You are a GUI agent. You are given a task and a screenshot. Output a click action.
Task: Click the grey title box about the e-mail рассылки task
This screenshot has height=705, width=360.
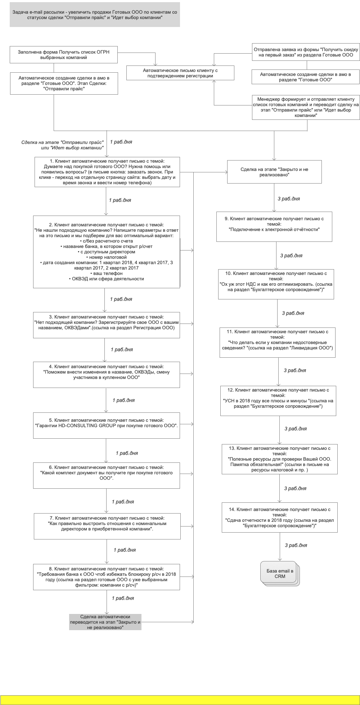(x=95, y=14)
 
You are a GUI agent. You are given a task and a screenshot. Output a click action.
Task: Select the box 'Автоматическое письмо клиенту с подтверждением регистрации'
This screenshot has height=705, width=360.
(x=180, y=73)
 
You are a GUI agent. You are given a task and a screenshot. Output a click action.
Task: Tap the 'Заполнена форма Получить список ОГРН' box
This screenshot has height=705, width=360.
(x=64, y=55)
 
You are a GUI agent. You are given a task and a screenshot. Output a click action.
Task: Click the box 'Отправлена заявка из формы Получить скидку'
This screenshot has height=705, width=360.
(x=306, y=52)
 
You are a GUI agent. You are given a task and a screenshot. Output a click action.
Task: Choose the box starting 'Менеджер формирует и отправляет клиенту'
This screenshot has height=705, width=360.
(x=306, y=107)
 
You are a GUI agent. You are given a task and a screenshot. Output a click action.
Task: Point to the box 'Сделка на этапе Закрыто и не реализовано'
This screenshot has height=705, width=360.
(x=274, y=172)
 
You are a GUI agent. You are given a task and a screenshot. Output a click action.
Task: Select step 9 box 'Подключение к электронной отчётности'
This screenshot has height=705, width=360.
(x=274, y=227)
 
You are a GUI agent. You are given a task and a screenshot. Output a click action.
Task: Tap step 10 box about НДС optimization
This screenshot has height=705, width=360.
(x=276, y=284)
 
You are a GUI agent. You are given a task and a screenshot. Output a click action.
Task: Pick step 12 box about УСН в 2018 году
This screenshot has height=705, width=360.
(x=278, y=401)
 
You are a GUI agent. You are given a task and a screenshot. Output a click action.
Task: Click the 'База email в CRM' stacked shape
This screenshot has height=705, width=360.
(x=279, y=573)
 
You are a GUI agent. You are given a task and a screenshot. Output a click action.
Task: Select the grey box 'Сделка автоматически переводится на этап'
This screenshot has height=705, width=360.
(x=105, y=622)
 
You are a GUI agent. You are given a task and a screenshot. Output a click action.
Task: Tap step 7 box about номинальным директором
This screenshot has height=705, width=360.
(x=107, y=526)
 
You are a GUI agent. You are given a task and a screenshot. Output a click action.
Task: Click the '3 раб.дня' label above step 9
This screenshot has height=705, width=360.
(x=289, y=199)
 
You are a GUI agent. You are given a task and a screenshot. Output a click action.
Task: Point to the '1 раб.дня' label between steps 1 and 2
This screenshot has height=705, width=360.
(x=120, y=200)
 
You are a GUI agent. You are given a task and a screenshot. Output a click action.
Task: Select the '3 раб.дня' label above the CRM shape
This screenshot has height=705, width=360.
(x=296, y=545)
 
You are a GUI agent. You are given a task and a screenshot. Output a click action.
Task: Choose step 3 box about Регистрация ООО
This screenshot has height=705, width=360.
(x=107, y=325)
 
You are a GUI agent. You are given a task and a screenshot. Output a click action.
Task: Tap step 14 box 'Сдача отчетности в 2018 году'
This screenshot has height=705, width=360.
(x=279, y=518)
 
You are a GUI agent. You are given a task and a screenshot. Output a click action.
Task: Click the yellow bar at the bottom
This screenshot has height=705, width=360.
(x=180, y=700)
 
